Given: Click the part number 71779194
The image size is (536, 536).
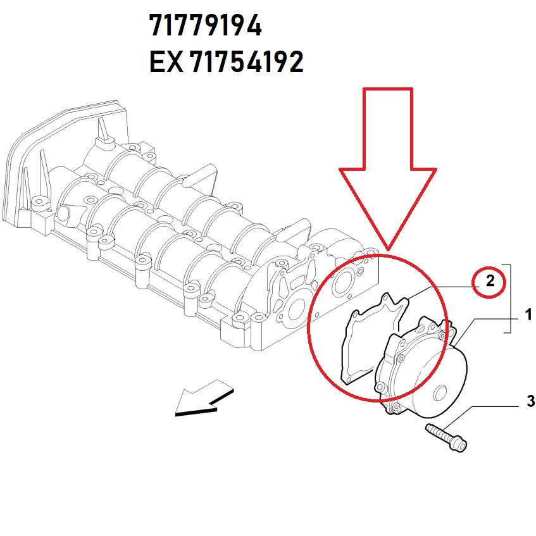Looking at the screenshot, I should pos(206,27).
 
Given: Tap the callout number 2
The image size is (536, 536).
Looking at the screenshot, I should pos(490,282).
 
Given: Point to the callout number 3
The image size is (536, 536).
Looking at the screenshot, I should pos(530,401).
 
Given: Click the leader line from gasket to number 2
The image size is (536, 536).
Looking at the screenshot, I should pos(443,286).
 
